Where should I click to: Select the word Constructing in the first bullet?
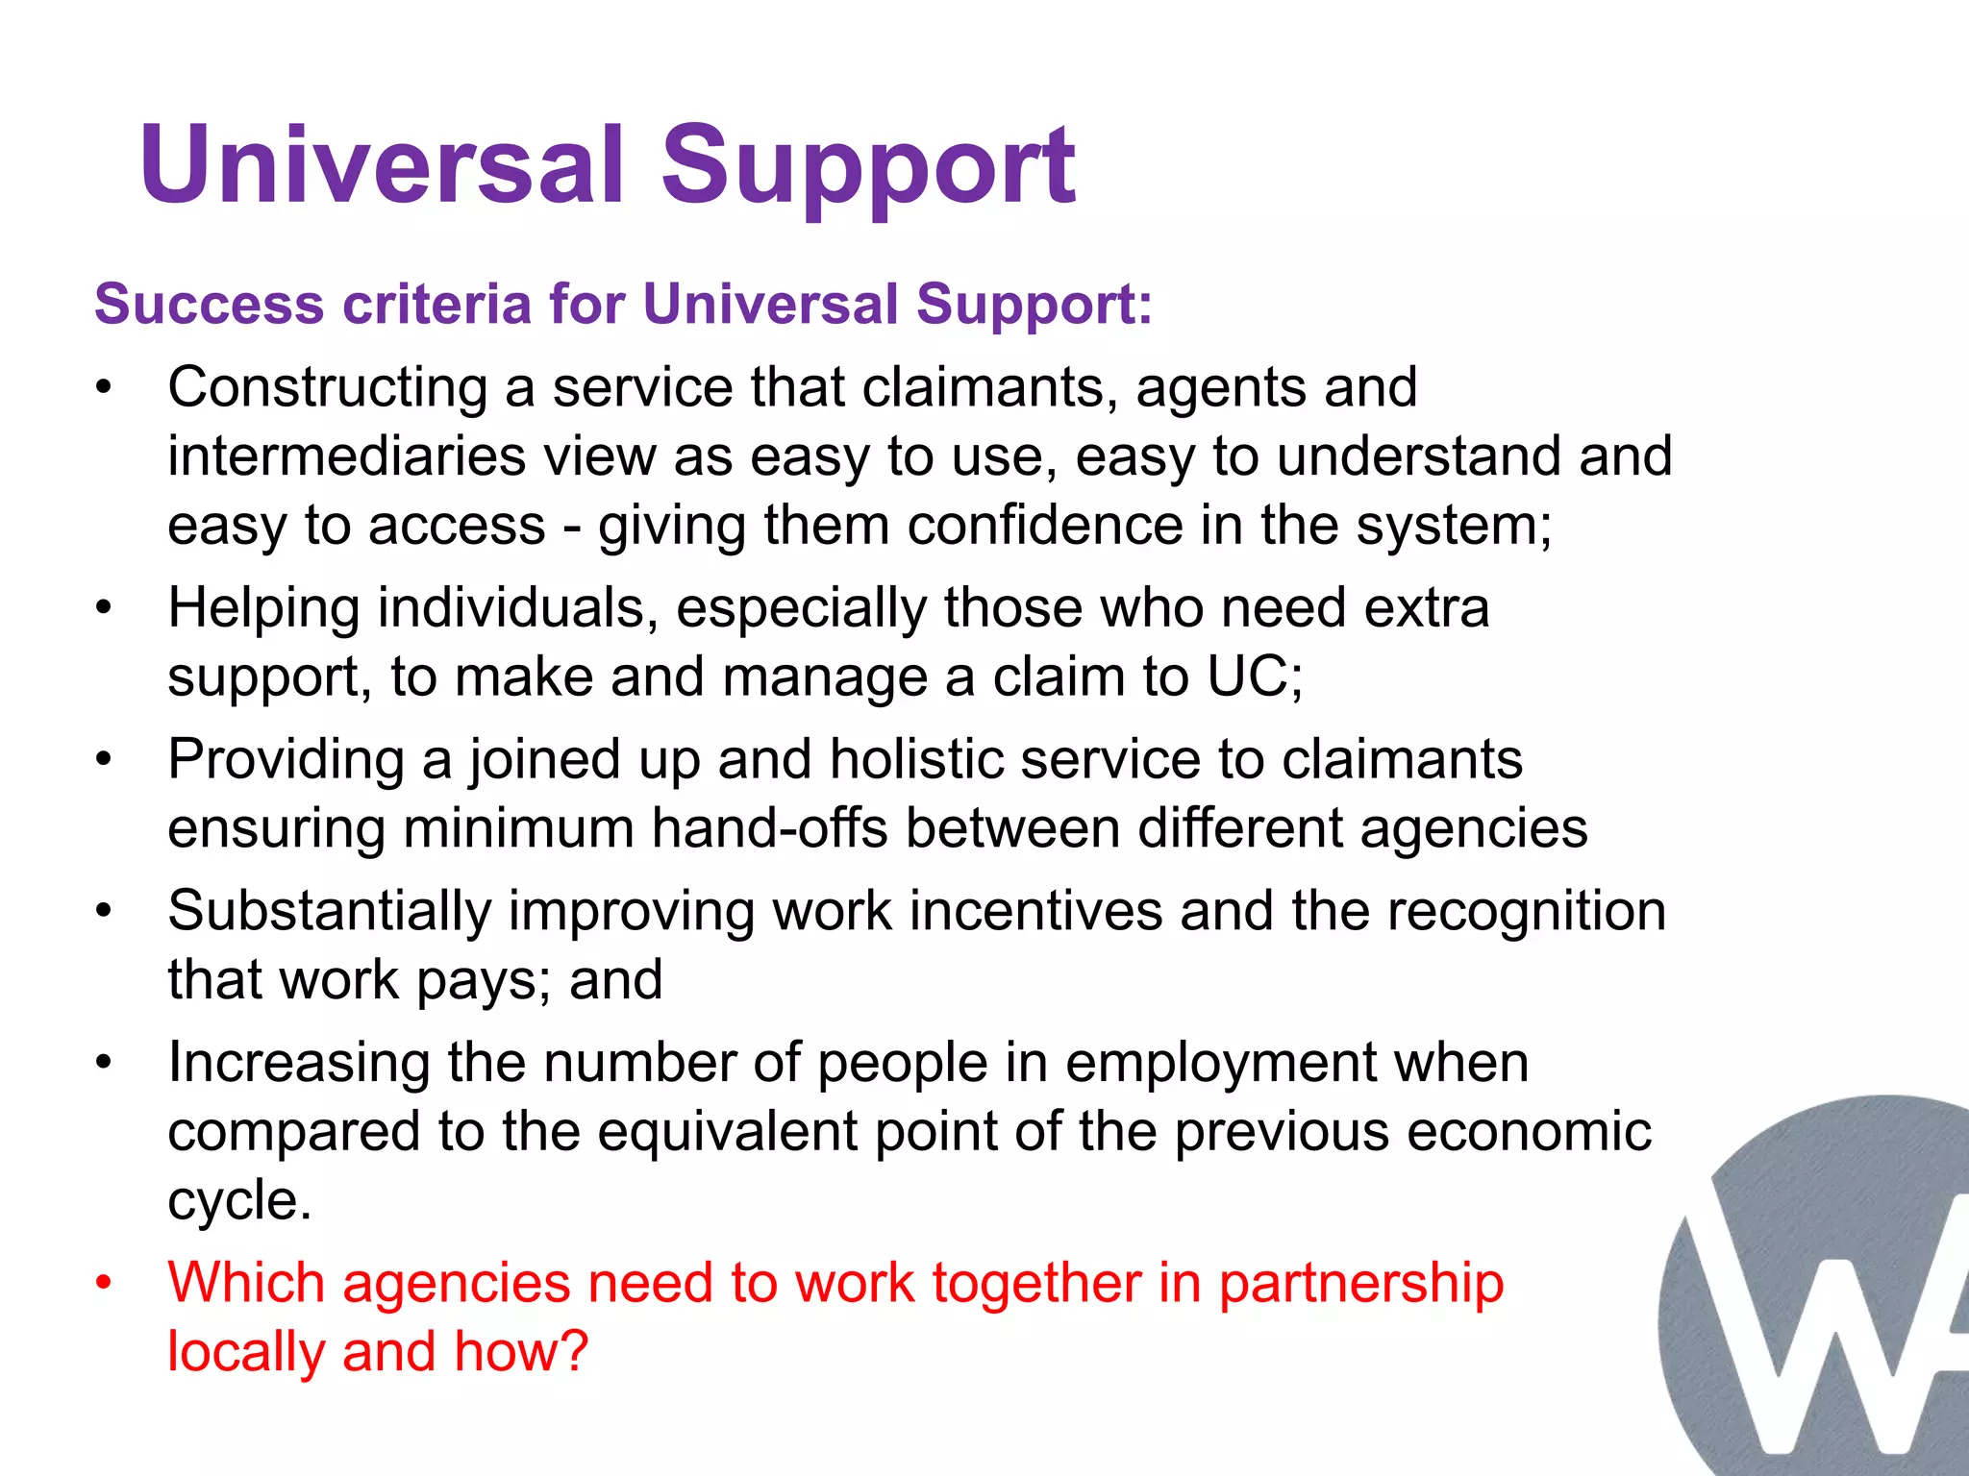[x=328, y=389]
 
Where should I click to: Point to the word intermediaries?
[x=347, y=456]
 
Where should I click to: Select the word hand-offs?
[x=769, y=828]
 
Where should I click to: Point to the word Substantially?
[x=329, y=911]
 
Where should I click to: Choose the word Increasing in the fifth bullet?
[x=298, y=1063]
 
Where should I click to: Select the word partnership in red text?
[x=1360, y=1284]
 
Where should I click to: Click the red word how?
[x=520, y=1351]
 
